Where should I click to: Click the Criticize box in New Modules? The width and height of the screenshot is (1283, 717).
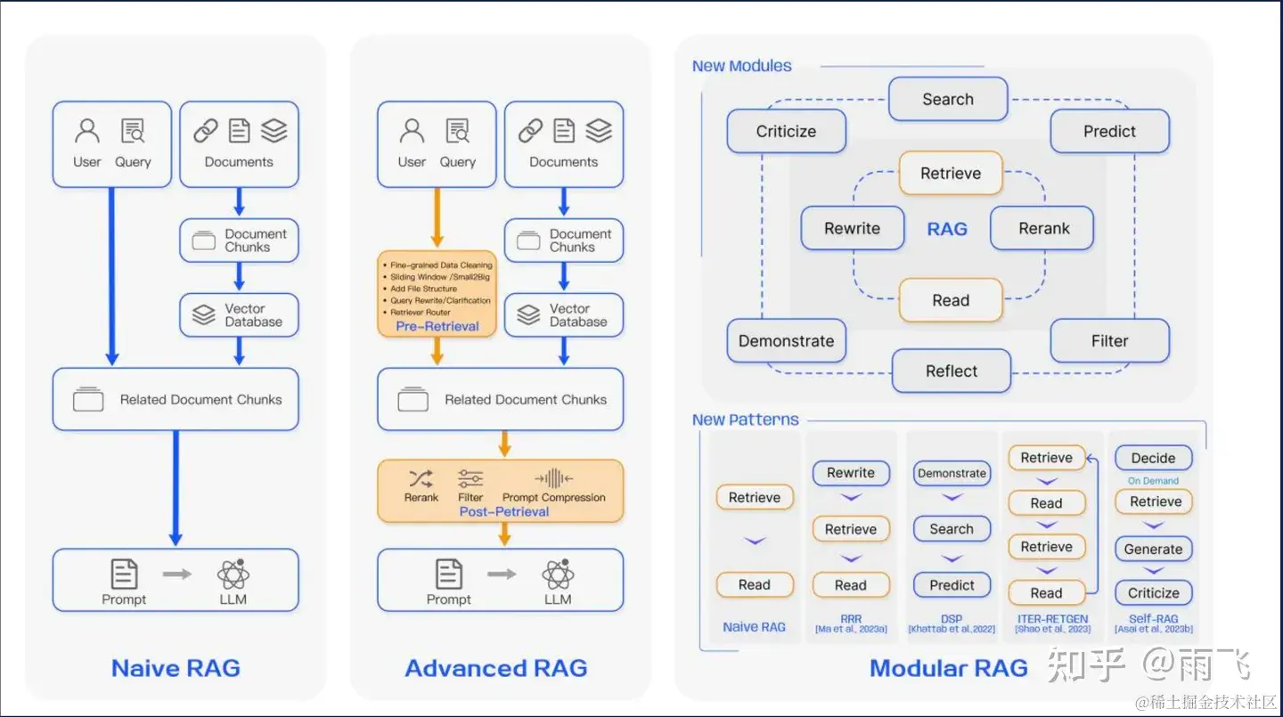pos(786,131)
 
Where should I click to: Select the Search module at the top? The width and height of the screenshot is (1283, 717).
pos(948,99)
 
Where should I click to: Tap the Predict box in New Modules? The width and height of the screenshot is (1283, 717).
pos(1109,131)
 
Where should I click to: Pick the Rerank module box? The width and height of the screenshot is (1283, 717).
pos(1043,228)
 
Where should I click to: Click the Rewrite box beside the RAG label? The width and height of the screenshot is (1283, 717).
pos(852,228)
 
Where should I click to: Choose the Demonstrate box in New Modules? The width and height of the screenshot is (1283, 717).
pos(786,341)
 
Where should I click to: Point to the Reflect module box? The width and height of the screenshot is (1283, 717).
pos(951,371)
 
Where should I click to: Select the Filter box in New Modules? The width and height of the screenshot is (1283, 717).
pos(1109,341)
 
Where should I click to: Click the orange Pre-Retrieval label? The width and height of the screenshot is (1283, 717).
pos(437,326)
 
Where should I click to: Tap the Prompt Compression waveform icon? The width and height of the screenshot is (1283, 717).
pos(553,478)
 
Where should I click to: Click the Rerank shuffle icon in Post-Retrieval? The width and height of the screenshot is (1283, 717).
pos(421,478)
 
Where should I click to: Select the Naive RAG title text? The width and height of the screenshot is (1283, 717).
pos(176,668)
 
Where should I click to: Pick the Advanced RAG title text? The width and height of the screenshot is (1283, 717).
pos(496,668)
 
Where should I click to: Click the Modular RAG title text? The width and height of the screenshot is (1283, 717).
pos(949,668)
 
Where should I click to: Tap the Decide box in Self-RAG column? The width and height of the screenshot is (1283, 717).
pos(1153,458)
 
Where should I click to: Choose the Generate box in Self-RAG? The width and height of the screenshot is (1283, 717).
pos(1153,549)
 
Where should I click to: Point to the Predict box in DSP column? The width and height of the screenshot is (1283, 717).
pos(952,585)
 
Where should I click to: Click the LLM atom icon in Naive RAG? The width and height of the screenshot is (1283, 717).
pos(233,575)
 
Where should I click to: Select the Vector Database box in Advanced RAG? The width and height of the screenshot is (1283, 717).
pos(564,315)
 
